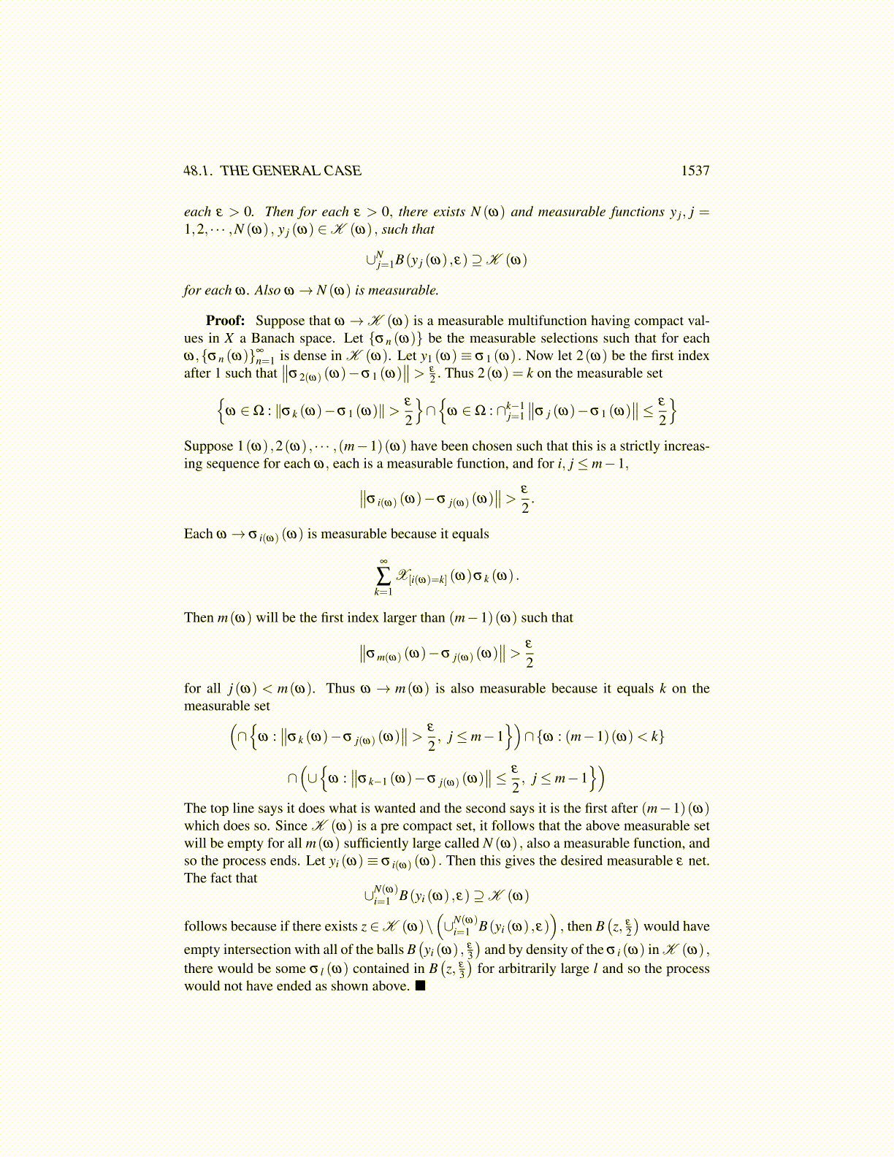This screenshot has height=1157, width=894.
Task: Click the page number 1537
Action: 695,171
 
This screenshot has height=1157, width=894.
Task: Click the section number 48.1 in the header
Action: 198,171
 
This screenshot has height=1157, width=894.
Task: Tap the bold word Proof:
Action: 225,321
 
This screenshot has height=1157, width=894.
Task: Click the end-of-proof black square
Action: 420,986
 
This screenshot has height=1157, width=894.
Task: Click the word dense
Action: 311,356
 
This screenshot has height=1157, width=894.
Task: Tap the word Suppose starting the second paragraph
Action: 207,446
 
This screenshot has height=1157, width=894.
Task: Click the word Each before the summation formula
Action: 198,534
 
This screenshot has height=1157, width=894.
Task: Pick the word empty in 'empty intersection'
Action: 202,950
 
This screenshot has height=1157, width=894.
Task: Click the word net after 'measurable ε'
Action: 699,861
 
